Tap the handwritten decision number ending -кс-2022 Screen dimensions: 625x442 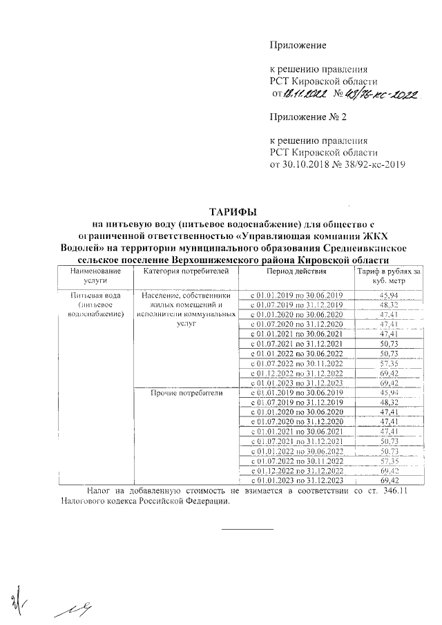[376, 94]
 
